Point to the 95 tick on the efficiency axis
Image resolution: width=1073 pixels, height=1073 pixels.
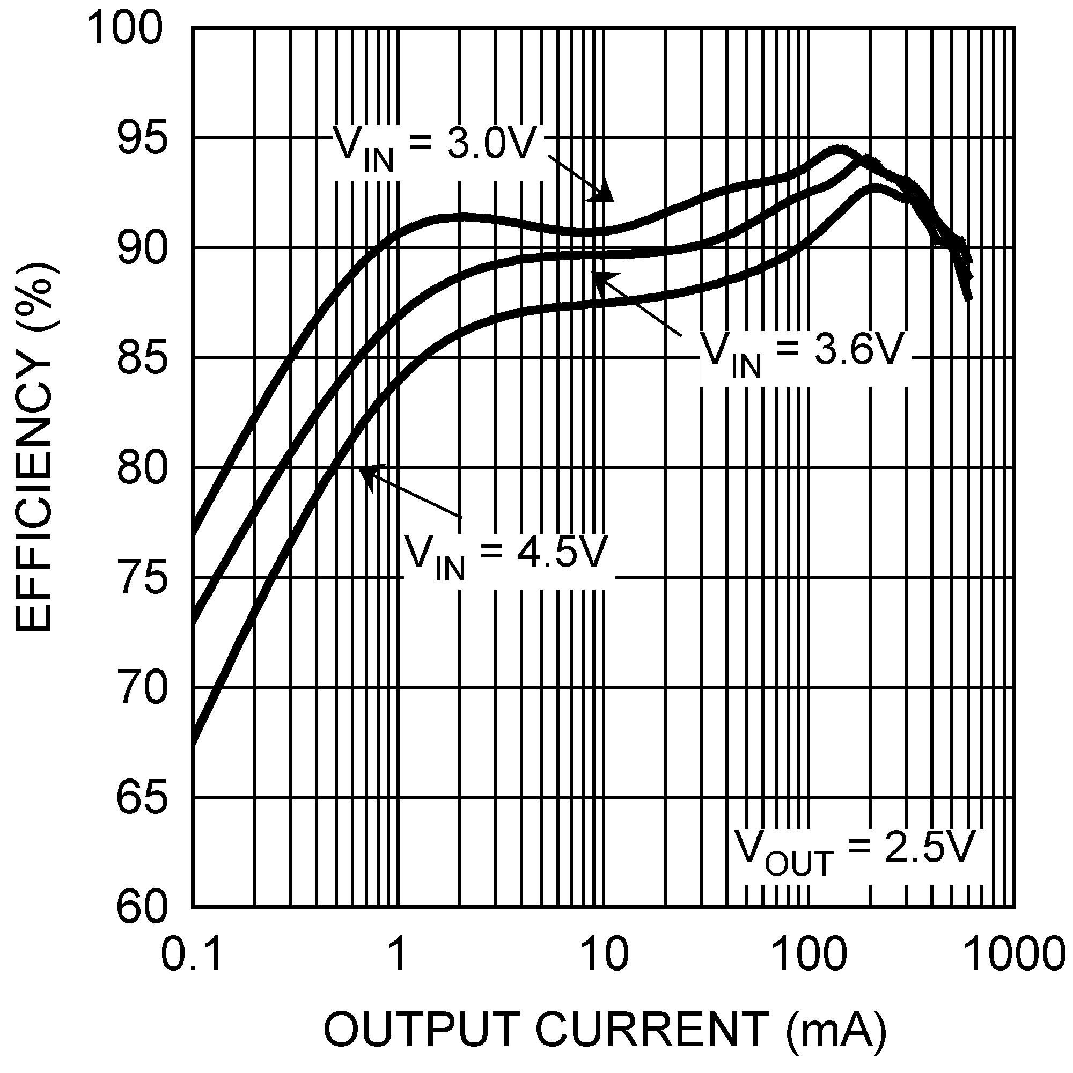coord(142,139)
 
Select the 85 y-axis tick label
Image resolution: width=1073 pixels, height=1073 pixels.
coord(142,359)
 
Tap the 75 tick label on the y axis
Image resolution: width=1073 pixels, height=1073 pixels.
coord(142,579)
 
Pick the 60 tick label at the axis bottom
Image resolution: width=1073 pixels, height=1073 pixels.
coord(142,908)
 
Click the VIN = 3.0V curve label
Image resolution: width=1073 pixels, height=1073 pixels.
coord(433,145)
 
